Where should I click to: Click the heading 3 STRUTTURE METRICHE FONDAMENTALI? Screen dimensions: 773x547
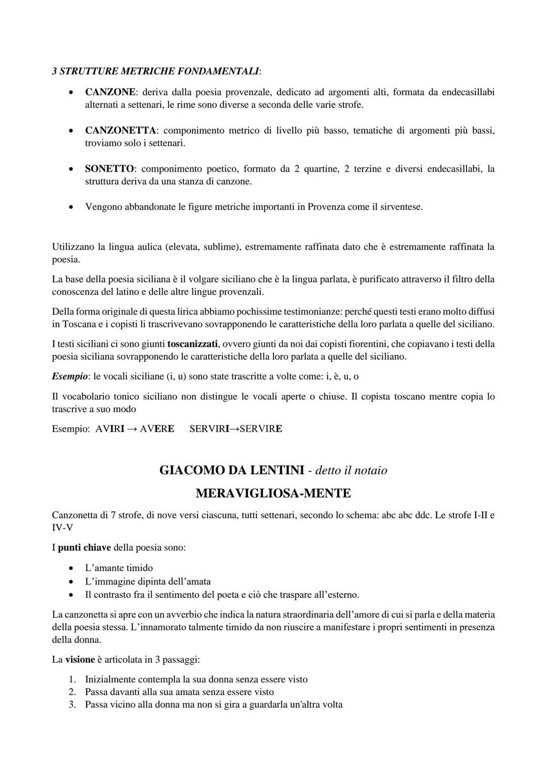click(x=156, y=71)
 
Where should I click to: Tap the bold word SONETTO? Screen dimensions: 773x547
click(x=109, y=169)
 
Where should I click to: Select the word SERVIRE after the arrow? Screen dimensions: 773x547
click(x=261, y=429)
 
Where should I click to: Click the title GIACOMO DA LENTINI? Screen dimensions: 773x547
click(x=232, y=470)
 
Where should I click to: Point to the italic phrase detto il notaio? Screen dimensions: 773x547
click(x=351, y=470)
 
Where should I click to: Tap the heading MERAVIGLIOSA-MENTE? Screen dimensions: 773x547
click(x=273, y=493)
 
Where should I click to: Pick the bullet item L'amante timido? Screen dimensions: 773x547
click(x=119, y=568)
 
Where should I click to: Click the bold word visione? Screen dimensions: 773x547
click(x=80, y=660)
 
